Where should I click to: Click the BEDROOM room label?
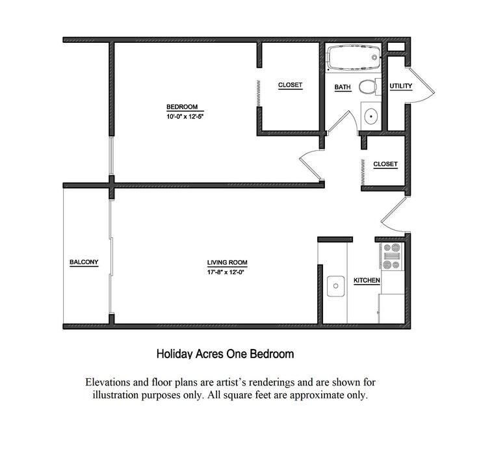[x=182, y=107]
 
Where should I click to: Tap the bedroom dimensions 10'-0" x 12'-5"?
[x=185, y=116]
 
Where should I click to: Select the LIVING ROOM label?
[x=227, y=263]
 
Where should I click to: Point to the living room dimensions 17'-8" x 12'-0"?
[x=226, y=272]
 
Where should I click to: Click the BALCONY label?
[x=84, y=262]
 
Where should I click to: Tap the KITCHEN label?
[x=367, y=280]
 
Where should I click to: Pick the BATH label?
[x=343, y=87]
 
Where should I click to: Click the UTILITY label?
[x=400, y=86]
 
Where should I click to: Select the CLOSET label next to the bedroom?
[x=290, y=85]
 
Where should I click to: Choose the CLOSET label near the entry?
[x=385, y=164]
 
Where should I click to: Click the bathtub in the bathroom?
[x=354, y=57]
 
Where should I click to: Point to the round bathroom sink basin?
[x=371, y=116]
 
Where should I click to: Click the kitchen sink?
[x=335, y=286]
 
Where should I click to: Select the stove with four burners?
[x=392, y=256]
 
